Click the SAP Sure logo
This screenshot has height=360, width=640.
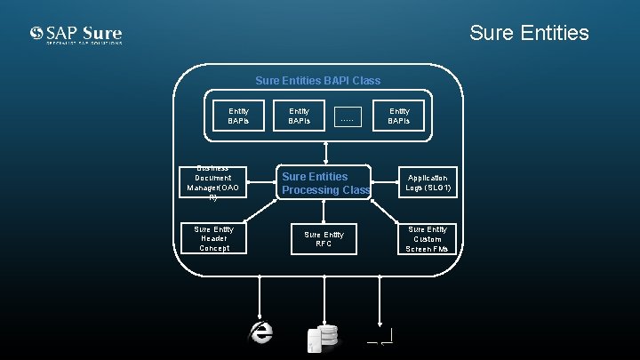[76, 36]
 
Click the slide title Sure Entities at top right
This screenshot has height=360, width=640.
[528, 33]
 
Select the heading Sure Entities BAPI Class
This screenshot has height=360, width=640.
[317, 81]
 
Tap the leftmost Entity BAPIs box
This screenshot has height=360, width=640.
[238, 116]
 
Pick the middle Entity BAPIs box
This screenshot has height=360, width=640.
[300, 116]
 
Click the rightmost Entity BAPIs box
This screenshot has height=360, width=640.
[399, 116]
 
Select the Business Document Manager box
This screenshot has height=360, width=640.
[212, 184]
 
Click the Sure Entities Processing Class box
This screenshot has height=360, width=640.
[324, 183]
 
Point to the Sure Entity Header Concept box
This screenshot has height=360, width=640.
[213, 239]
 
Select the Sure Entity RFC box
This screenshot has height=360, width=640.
[324, 239]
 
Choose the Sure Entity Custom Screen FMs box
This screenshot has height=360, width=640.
[428, 239]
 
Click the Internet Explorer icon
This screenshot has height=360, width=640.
[260, 332]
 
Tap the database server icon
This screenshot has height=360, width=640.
[321, 335]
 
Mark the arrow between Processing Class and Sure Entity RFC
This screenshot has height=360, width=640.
[324, 211]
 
